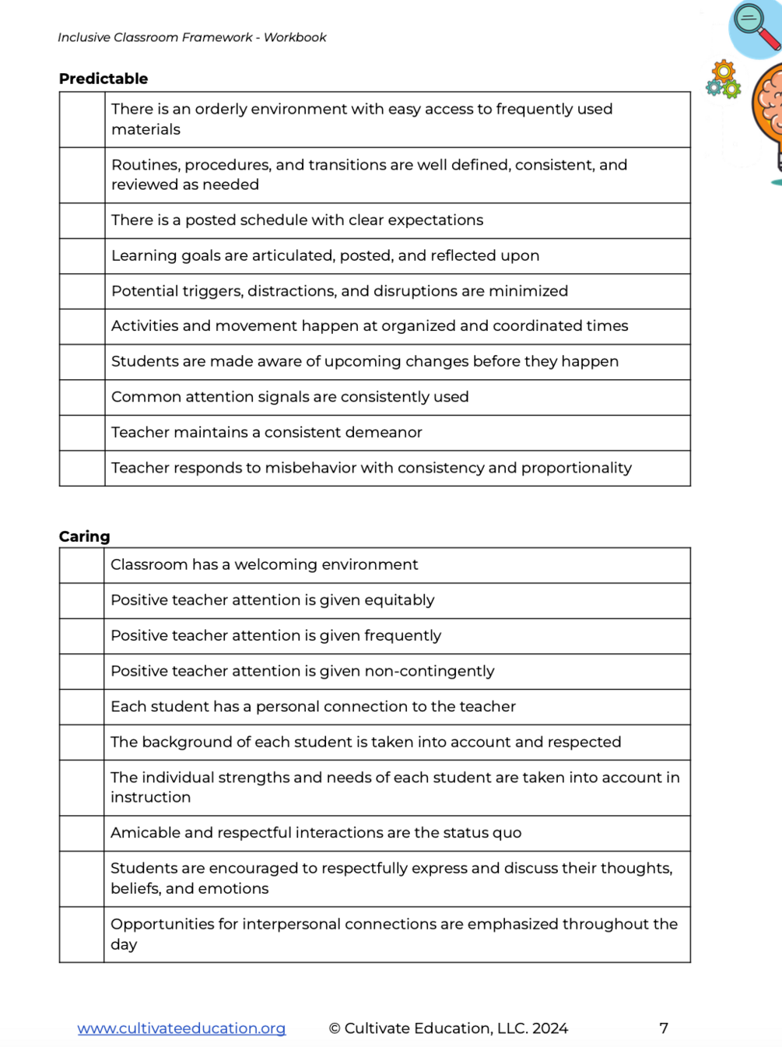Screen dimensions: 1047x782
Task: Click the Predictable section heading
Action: pos(103,79)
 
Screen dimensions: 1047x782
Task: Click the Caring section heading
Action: pos(85,536)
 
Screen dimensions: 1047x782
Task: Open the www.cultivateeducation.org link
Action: pos(181,1028)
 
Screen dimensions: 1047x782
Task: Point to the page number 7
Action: pos(664,1028)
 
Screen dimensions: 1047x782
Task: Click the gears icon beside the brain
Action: pos(724,79)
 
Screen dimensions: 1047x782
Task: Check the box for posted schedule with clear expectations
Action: pos(82,221)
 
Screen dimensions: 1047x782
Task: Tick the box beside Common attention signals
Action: pos(82,398)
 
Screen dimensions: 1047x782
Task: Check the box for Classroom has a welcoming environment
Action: pos(82,566)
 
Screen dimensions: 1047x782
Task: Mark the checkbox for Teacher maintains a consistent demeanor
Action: pos(82,433)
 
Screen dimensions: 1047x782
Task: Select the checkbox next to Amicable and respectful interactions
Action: pos(82,834)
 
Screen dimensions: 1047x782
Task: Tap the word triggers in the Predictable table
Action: pos(209,291)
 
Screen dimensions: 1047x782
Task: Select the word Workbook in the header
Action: pos(295,37)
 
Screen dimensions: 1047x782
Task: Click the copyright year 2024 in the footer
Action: pos(550,1028)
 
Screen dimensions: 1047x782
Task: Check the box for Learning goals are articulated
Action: pos(82,256)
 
